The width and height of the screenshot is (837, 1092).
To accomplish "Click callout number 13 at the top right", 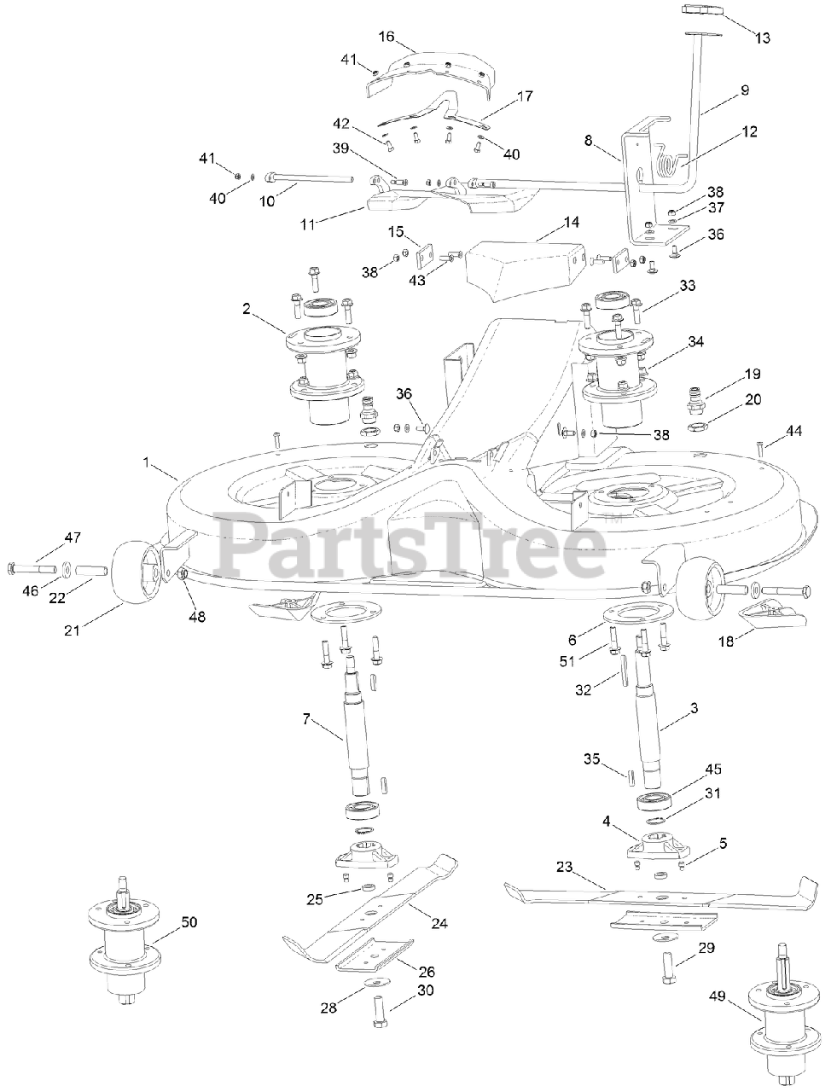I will pos(762,38).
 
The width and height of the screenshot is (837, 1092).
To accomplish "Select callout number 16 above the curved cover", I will pos(387,37).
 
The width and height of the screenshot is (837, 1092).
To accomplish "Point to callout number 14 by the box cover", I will pos(571,223).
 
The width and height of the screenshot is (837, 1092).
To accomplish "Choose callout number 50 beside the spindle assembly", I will pos(189,922).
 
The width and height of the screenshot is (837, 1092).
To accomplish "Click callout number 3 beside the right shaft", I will pos(693,707).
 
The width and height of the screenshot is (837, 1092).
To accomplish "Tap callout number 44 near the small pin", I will pos(793,432).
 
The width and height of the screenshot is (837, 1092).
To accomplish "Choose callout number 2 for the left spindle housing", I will pos(246,308).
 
